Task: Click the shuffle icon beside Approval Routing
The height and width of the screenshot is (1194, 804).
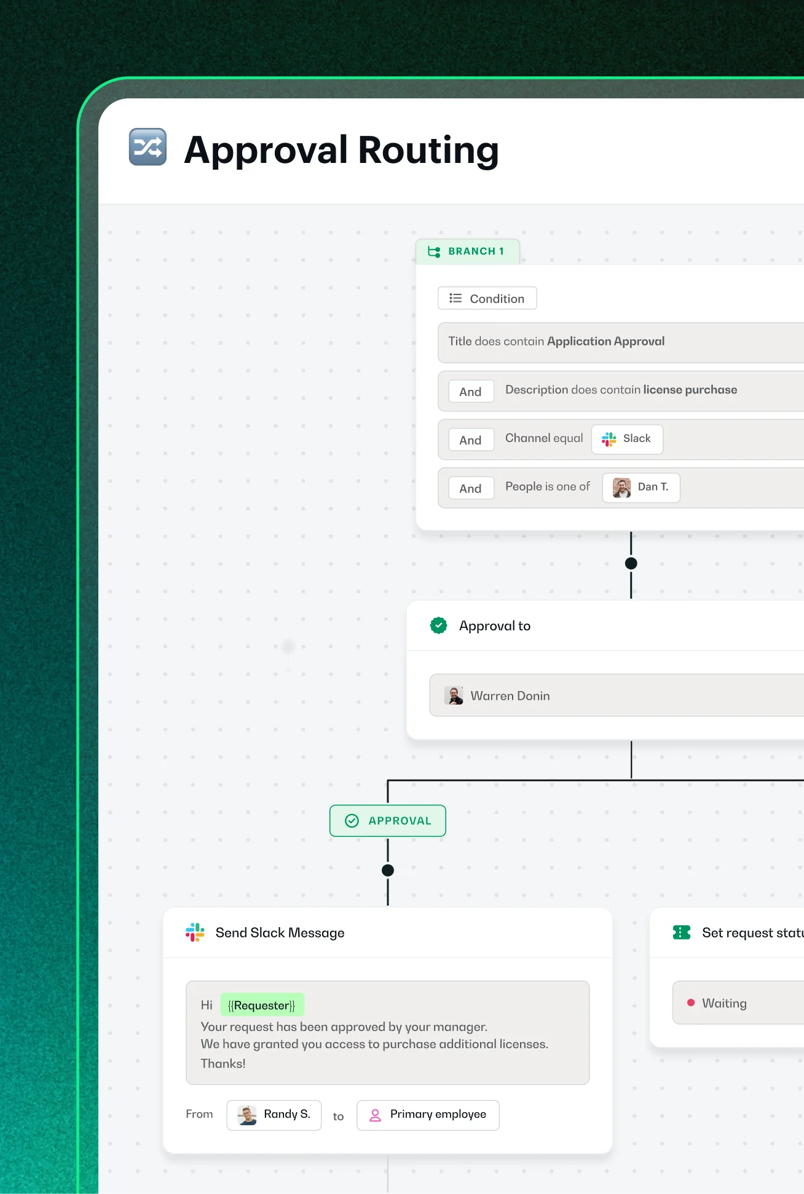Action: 148,147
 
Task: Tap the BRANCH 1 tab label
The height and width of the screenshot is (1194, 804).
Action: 468,251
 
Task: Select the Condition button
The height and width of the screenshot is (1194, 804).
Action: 487,298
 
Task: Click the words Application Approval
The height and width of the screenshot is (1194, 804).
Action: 605,341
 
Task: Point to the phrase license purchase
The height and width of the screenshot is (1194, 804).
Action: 690,390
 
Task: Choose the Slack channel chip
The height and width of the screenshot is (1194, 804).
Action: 627,439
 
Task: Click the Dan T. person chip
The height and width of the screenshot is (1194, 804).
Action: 641,488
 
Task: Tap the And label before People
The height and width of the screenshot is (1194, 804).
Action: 471,488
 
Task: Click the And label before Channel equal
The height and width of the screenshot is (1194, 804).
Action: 471,440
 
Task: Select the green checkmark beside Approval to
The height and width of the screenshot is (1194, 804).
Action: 438,625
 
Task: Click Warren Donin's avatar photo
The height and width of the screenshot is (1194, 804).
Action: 454,695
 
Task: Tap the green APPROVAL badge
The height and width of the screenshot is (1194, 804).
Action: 388,821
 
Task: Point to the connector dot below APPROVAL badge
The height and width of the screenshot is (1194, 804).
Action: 388,870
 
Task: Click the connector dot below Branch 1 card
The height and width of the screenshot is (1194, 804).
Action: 631,563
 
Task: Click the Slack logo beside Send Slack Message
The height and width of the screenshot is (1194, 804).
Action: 195,932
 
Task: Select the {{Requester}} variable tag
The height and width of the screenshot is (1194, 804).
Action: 262,1005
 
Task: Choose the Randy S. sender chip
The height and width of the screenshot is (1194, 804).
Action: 274,1115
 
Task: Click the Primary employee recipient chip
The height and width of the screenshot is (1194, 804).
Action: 428,1115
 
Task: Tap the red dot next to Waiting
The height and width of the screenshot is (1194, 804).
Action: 691,1003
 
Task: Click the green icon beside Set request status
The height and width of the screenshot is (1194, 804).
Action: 682,933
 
